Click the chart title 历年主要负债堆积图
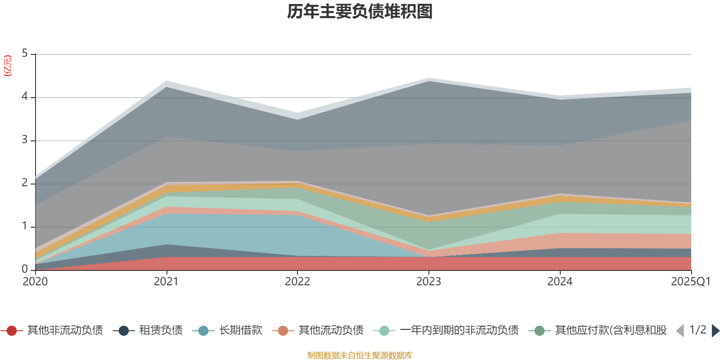(x=360, y=12)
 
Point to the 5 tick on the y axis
(x=25, y=54)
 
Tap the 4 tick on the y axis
(x=25, y=97)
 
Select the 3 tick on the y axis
(x=25, y=140)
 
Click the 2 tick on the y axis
(x=25, y=183)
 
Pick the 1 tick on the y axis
(x=25, y=226)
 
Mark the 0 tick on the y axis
(x=25, y=270)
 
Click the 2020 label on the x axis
(x=35, y=282)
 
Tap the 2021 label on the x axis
(x=166, y=282)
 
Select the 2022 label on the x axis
(x=297, y=282)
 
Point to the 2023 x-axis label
(x=428, y=282)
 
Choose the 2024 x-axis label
(x=560, y=282)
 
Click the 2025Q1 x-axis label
(x=690, y=282)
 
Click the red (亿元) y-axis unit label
(x=8, y=66)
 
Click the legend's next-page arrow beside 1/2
(x=715, y=331)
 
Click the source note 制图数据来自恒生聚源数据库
(x=360, y=355)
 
